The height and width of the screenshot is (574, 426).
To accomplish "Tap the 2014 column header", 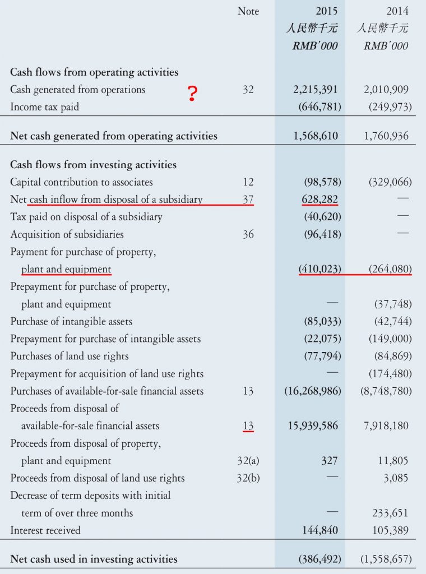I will (397, 11).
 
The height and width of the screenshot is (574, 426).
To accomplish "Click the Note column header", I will (248, 11).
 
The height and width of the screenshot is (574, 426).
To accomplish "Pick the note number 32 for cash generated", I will (248, 90).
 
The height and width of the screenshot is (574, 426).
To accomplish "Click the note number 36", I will (248, 234).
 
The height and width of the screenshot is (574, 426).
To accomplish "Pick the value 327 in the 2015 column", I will (330, 461).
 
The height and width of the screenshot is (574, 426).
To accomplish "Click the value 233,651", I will (390, 513).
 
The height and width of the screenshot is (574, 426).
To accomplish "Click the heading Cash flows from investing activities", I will (93, 165).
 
